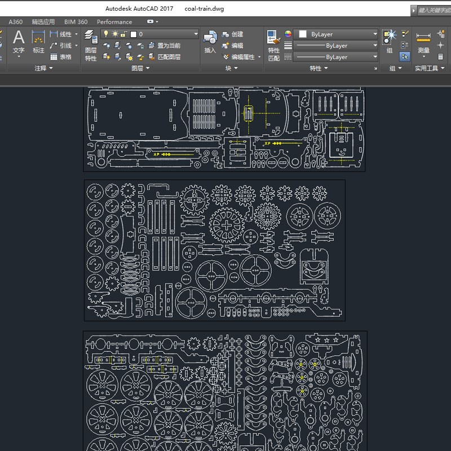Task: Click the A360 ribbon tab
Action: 15,22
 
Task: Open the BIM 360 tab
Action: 76,22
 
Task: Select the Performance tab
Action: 114,22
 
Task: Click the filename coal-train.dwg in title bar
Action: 205,9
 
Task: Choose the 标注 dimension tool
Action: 38,42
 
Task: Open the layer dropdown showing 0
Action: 150,34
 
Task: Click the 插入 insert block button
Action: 210,42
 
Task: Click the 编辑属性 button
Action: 238,57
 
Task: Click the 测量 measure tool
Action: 423,42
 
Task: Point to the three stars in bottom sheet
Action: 326,341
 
